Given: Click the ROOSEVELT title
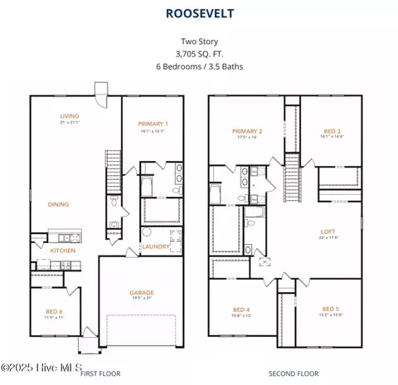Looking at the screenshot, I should (199, 14).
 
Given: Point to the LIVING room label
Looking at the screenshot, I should (69, 116).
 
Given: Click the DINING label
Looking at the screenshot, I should (58, 204).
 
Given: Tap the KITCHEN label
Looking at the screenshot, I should (63, 251).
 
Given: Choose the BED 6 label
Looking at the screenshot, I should (55, 311).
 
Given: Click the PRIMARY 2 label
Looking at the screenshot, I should (247, 131).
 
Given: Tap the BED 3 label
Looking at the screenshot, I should (331, 131).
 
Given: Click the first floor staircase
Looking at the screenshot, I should (110, 170).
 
